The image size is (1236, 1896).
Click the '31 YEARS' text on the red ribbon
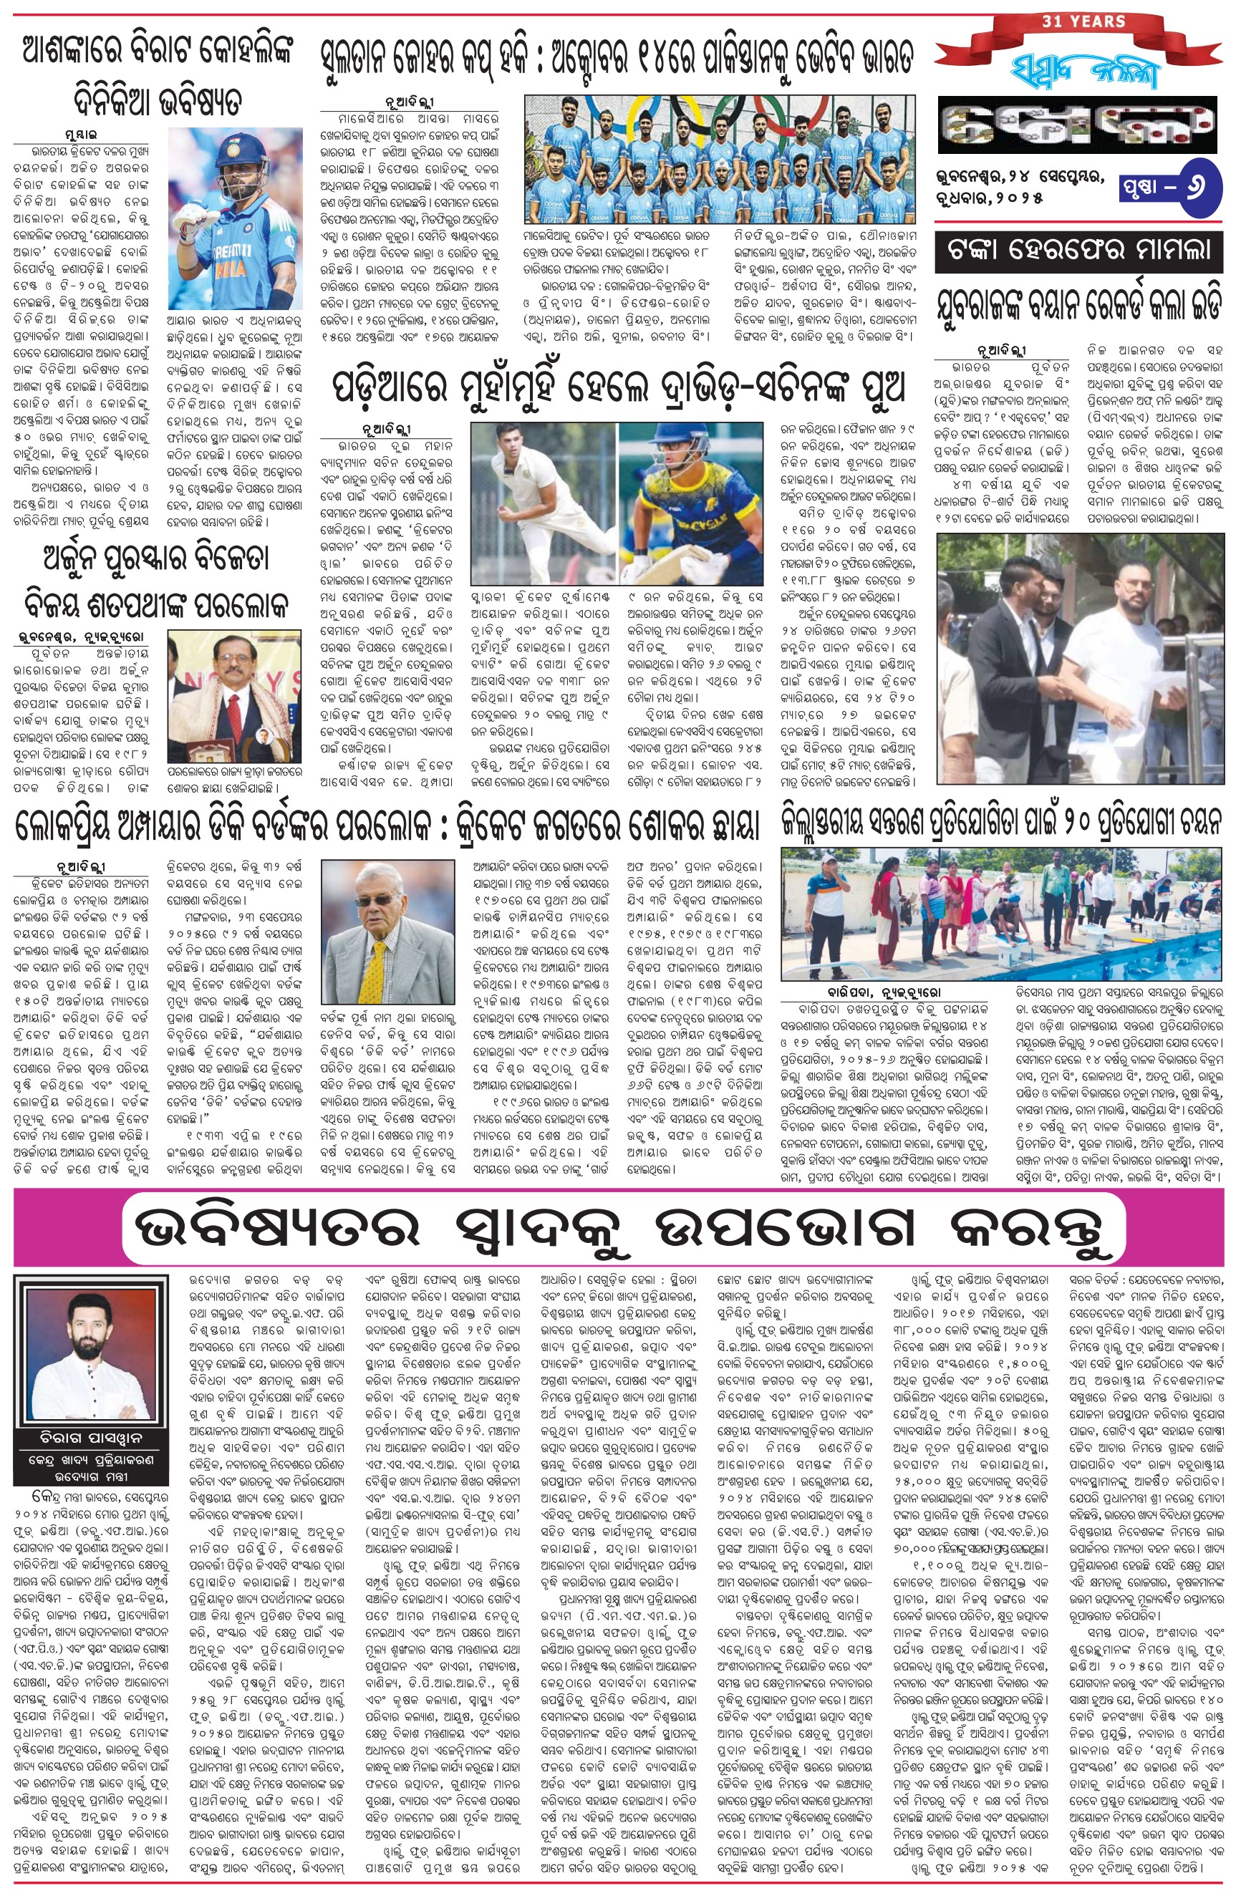(1083, 21)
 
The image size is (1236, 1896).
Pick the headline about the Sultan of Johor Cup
(616, 57)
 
